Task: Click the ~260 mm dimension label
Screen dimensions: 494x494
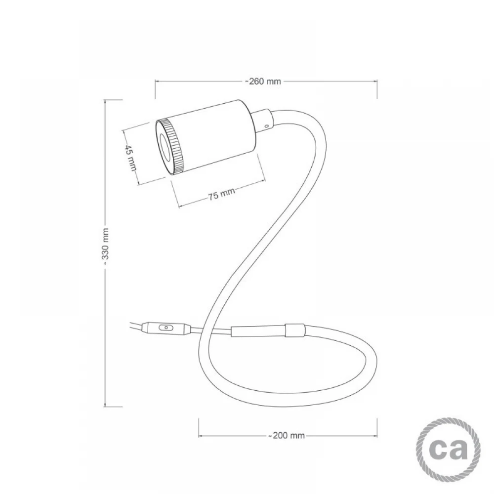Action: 263,82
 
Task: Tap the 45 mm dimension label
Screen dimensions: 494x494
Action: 130,158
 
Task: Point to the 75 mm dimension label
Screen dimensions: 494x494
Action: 221,194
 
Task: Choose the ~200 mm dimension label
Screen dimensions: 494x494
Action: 287,435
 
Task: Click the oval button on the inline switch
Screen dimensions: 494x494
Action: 165,328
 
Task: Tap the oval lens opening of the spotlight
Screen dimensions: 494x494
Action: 165,147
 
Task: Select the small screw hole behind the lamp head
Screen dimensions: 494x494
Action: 267,126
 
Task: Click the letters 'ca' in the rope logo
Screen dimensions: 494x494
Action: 449,449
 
